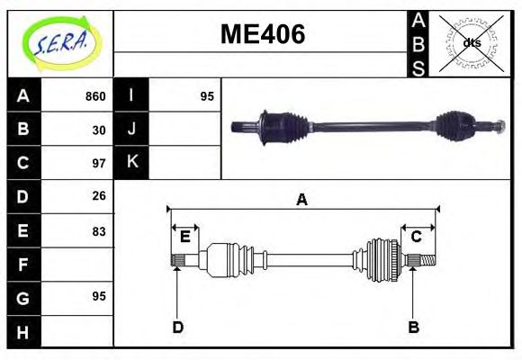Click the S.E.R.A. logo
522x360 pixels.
click(x=59, y=43)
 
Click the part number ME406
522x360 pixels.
click(x=263, y=35)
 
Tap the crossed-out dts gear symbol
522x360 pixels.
click(x=471, y=43)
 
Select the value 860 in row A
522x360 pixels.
click(x=95, y=96)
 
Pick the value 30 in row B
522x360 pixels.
click(x=99, y=130)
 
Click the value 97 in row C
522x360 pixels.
click(x=99, y=163)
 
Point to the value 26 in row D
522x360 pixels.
click(x=99, y=196)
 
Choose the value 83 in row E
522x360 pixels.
click(x=99, y=230)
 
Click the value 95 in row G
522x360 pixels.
click(x=99, y=296)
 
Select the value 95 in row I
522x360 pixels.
click(x=207, y=96)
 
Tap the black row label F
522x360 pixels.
click(x=22, y=264)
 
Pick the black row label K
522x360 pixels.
click(x=131, y=163)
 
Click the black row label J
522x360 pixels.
click(x=131, y=130)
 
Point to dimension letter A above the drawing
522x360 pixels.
click(x=302, y=200)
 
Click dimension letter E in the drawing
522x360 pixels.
click(x=184, y=237)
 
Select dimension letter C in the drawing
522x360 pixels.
click(x=417, y=237)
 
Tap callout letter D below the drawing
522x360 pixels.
click(x=177, y=327)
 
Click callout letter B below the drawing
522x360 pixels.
click(x=413, y=327)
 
